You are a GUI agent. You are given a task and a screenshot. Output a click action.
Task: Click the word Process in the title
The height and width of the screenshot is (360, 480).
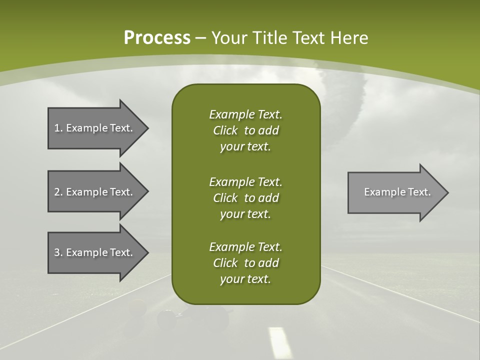click(x=157, y=38)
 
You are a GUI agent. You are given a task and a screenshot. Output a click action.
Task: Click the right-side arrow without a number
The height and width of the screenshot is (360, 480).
click(x=395, y=192)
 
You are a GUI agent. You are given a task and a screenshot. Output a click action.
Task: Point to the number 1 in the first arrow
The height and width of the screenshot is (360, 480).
click(x=57, y=128)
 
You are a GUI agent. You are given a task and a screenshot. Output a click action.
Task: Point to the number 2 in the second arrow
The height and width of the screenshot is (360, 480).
click(x=57, y=192)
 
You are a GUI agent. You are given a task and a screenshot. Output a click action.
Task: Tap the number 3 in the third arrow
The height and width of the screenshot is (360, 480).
click(x=57, y=252)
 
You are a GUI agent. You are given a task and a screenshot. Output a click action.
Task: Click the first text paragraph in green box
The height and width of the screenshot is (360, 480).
click(x=245, y=130)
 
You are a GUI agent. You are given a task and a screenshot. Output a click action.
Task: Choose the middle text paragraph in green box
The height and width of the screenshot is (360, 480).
click(x=245, y=197)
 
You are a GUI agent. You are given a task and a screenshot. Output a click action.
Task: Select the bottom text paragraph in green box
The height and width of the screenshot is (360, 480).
click(x=245, y=263)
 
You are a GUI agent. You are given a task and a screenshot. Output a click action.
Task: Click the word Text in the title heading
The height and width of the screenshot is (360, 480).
click(x=306, y=38)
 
